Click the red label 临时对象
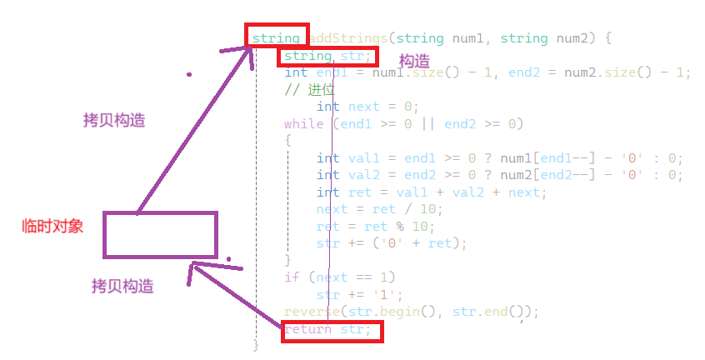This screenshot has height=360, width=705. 52,227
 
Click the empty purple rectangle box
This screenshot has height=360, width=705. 160,233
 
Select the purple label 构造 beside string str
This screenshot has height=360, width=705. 414,62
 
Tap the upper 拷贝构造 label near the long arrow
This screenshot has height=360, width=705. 114,121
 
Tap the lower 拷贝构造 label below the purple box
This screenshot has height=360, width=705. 122,287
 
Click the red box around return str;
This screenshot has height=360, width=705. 332,330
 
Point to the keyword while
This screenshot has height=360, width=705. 303,125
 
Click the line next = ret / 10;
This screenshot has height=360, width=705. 375,209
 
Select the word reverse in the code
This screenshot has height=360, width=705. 309,312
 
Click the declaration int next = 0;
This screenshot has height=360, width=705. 367,107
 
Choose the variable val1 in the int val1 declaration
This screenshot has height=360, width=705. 362,158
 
